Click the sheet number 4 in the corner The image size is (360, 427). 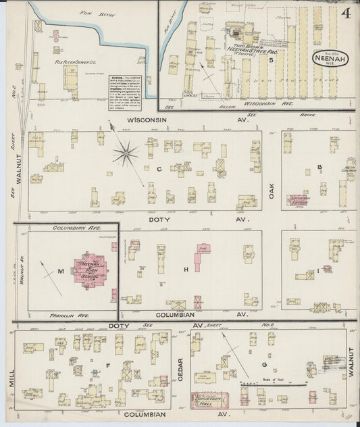click(x=345, y=14)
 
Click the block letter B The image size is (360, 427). click(x=319, y=167)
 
